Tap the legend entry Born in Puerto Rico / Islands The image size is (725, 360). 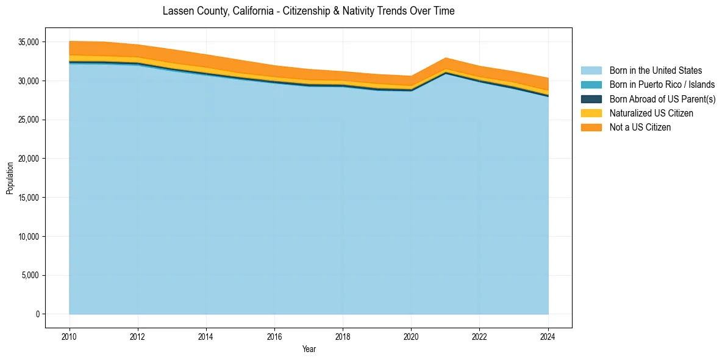pyautogui.click(x=662, y=85)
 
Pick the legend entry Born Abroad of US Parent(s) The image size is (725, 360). pyautogui.click(x=662, y=99)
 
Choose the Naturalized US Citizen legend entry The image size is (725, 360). pyautogui.click(x=651, y=113)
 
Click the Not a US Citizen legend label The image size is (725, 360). pyautogui.click(x=640, y=127)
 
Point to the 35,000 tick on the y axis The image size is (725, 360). pyautogui.click(x=29, y=42)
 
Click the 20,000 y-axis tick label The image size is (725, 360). pyautogui.click(x=29, y=159)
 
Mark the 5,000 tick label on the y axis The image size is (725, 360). pyautogui.click(x=31, y=275)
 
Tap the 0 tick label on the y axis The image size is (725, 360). pyautogui.click(x=37, y=314)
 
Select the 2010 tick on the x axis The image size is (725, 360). pyautogui.click(x=70, y=336)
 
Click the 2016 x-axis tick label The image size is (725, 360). pyautogui.click(x=275, y=336)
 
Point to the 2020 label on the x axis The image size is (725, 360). pyautogui.click(x=412, y=336)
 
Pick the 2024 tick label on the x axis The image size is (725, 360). pyautogui.click(x=548, y=336)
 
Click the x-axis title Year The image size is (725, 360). pyautogui.click(x=309, y=349)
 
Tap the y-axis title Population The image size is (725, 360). pyautogui.click(x=10, y=178)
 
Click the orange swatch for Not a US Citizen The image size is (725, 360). pyautogui.click(x=591, y=127)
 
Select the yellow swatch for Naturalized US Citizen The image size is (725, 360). pyautogui.click(x=591, y=113)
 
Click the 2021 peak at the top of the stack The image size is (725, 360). pyautogui.click(x=446, y=58)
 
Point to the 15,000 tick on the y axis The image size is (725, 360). pyautogui.click(x=29, y=198)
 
